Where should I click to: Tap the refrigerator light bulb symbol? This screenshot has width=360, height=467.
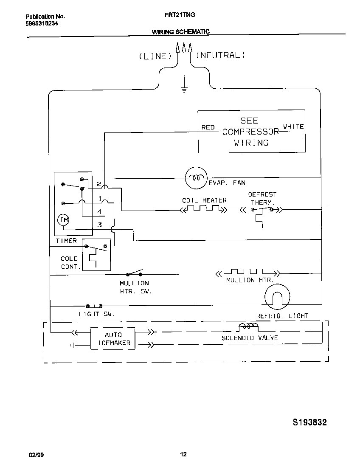click(277, 296)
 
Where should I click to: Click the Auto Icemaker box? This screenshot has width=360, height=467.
click(113, 338)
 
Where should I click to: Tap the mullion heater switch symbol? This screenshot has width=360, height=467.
click(135, 273)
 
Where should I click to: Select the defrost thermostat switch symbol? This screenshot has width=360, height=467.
click(262, 210)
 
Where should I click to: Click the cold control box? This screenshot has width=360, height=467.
click(96, 254)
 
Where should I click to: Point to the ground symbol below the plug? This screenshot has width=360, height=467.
click(184, 89)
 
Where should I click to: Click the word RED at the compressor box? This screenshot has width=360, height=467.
click(208, 127)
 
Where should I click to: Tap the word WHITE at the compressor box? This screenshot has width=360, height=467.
click(293, 127)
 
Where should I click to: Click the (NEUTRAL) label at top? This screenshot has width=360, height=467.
click(220, 55)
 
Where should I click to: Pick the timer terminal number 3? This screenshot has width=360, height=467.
click(100, 225)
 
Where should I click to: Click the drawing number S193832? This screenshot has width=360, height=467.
click(310, 422)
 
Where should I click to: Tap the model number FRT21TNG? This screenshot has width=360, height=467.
click(180, 15)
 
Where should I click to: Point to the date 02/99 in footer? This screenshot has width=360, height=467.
click(36, 455)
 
